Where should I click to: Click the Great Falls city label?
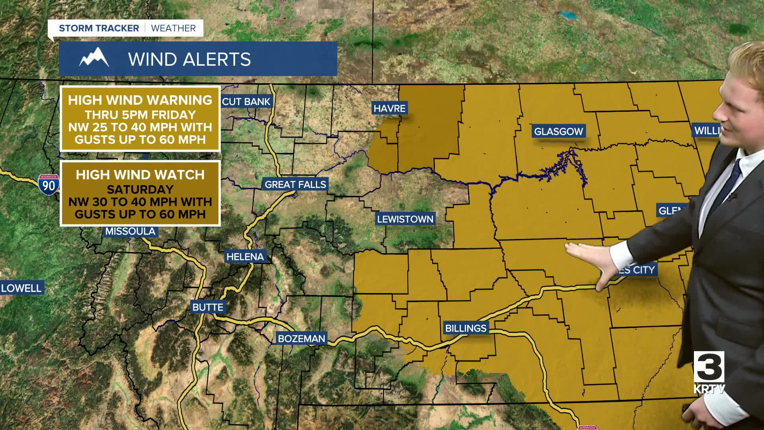click(x=295, y=184)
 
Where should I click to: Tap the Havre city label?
click(x=389, y=108)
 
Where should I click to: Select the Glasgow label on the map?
click(x=558, y=131)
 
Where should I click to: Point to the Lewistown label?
click(x=405, y=219)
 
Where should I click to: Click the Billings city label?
click(x=466, y=328)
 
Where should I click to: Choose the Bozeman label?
click(x=301, y=339)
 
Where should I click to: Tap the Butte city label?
click(x=208, y=307)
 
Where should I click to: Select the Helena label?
click(x=245, y=257)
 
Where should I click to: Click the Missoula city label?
click(x=130, y=231)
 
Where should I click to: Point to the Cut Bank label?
click(x=246, y=102)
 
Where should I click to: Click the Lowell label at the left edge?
click(x=21, y=288)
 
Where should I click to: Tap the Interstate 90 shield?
click(x=49, y=185)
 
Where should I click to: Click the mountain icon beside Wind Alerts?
click(x=94, y=58)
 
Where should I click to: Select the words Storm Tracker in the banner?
click(x=99, y=28)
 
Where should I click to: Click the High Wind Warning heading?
click(x=140, y=100)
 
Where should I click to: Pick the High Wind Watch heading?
click(x=140, y=175)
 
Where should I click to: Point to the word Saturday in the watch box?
click(x=140, y=189)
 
